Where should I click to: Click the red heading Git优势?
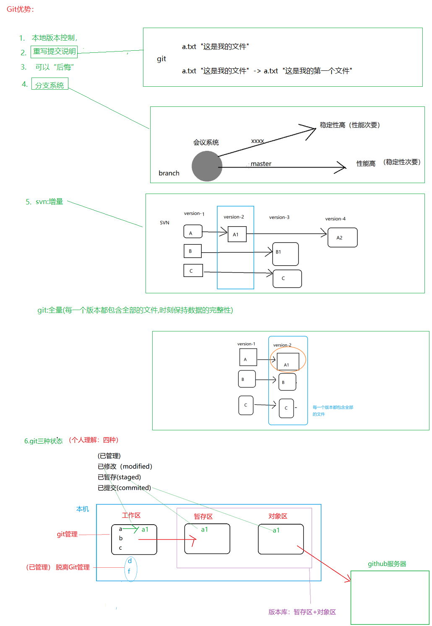(x=20, y=9)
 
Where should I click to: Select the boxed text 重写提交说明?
(x=55, y=52)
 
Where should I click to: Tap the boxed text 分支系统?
(x=49, y=85)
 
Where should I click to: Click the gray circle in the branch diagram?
(x=207, y=166)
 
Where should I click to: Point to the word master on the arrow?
(x=261, y=164)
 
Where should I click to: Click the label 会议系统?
(x=206, y=142)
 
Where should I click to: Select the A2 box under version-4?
(x=342, y=238)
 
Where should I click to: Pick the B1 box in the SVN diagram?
(x=285, y=254)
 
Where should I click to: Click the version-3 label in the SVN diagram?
(x=279, y=217)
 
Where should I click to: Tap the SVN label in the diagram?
(x=164, y=223)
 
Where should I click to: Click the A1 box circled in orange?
(x=288, y=361)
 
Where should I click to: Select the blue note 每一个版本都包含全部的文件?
(x=333, y=411)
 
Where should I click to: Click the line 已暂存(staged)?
(x=119, y=477)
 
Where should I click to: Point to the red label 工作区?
(x=131, y=515)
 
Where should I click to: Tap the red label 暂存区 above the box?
(x=203, y=517)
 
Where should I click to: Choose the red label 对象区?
(x=278, y=516)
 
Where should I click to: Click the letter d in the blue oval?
(x=130, y=561)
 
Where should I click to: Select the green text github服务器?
(x=387, y=564)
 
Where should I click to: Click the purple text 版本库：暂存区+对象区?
(x=302, y=612)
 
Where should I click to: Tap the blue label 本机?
(x=83, y=509)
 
